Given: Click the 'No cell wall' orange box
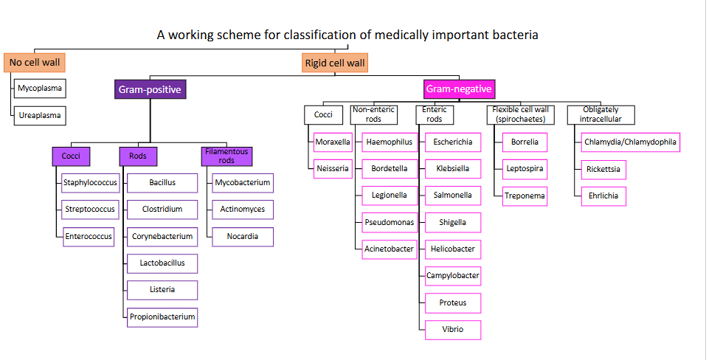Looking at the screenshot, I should pos(34,63).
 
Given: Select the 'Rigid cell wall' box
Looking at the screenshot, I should pos(335,63).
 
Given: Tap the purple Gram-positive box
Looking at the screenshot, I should pos(150,90).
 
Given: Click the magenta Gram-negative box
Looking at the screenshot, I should pos(459,90).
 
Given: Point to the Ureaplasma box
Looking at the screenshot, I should pos(40,116).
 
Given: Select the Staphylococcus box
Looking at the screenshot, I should pos(89,181).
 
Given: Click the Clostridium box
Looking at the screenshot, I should pos(162,209).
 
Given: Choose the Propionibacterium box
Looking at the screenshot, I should pos(162,317).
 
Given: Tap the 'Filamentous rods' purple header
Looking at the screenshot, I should pos(226,156).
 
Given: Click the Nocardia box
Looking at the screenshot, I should pos(243,237).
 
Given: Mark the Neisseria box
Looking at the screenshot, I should pos(333,168).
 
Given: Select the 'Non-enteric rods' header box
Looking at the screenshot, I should pos(374,114).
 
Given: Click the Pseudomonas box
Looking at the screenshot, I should pos(389,222).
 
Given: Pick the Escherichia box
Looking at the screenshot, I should pos(453,142).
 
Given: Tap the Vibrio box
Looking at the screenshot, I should pos(453,329).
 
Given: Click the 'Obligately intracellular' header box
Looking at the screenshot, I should pos(601,114).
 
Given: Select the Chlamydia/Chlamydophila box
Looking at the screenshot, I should pos(630,142).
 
